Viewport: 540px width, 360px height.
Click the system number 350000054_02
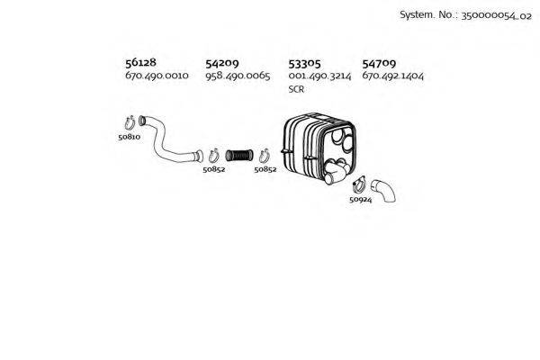(x=496, y=15)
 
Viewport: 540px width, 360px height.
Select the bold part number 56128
(x=140, y=62)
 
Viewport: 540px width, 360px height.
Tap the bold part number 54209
(x=221, y=63)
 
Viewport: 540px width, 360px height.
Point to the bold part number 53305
(x=304, y=63)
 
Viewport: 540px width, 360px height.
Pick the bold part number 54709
(x=379, y=63)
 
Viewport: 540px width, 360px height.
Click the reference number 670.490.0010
(x=157, y=76)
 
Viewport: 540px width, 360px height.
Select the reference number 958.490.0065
(x=238, y=76)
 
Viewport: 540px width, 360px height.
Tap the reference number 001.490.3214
(x=319, y=76)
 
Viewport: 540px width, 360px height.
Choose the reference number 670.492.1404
(x=393, y=76)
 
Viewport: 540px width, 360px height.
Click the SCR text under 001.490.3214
(x=296, y=89)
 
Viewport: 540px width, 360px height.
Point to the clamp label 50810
(x=129, y=137)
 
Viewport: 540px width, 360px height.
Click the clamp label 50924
(x=361, y=200)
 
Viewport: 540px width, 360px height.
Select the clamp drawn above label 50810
(x=130, y=123)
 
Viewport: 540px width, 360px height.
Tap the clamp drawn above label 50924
(x=359, y=184)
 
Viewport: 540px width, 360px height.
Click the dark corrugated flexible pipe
(x=239, y=156)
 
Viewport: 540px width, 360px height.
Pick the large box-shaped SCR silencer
(x=319, y=148)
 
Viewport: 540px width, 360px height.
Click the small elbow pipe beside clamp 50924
(x=383, y=191)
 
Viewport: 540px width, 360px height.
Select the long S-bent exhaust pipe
(x=170, y=139)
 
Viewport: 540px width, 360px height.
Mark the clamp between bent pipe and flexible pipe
(x=214, y=156)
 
